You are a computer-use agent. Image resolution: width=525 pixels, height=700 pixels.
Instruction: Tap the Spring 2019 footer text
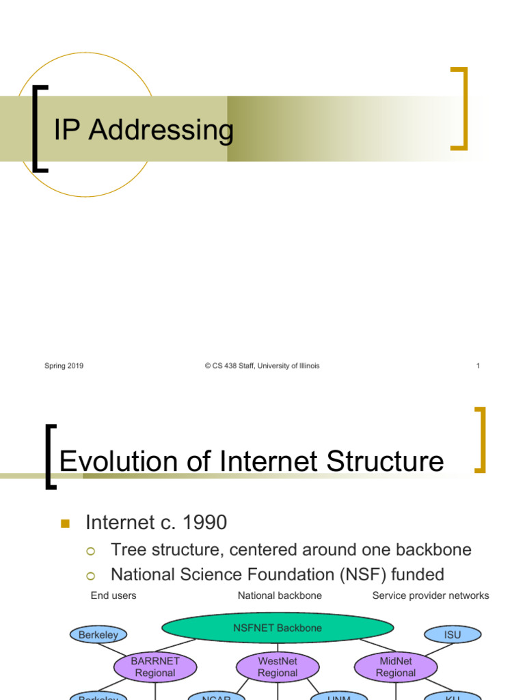pyautogui.click(x=64, y=366)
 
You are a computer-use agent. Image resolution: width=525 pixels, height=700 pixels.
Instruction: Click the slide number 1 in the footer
pyautogui.click(x=478, y=366)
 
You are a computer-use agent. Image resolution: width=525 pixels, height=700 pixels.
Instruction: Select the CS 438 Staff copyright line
pyautogui.click(x=262, y=366)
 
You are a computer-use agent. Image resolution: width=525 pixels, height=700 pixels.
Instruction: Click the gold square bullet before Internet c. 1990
pyautogui.click(x=66, y=524)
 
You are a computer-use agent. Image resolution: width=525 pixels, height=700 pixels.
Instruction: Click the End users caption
pyautogui.click(x=113, y=595)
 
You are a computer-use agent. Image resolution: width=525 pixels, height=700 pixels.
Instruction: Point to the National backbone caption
pyautogui.click(x=280, y=595)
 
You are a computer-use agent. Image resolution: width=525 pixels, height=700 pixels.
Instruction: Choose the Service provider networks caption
pyautogui.click(x=431, y=595)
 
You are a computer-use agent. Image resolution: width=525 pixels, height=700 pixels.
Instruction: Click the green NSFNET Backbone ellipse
pyautogui.click(x=278, y=628)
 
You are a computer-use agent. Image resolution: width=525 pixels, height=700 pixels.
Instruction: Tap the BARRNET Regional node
pyautogui.click(x=155, y=667)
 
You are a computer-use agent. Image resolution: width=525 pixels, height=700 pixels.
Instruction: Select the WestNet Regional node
pyautogui.click(x=278, y=667)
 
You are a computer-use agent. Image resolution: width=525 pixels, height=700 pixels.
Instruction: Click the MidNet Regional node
pyautogui.click(x=395, y=667)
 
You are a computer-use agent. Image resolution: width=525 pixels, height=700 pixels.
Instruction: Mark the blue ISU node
pyautogui.click(x=453, y=634)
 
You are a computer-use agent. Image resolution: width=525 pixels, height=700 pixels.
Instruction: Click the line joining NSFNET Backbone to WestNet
pyautogui.click(x=278, y=648)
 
